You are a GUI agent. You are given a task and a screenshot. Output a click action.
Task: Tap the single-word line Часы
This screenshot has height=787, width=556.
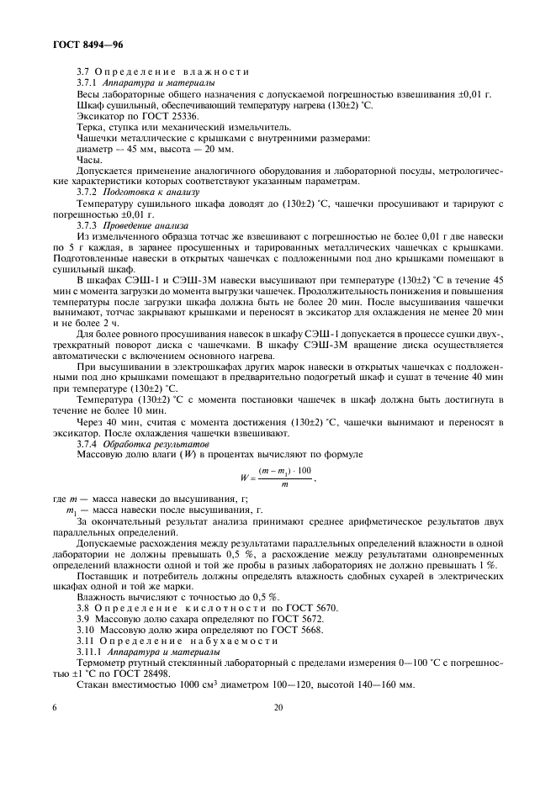[x=89, y=159]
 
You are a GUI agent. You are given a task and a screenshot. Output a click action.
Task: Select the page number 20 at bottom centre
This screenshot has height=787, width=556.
[x=278, y=708]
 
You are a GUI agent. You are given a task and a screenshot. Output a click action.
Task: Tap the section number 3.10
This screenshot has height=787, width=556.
[x=85, y=629]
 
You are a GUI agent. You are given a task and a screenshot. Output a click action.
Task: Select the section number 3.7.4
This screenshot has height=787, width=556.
[x=87, y=443]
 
